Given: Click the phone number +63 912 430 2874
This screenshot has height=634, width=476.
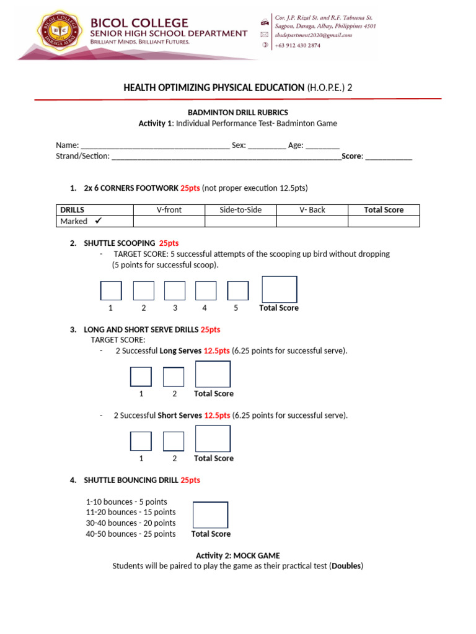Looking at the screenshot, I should (298, 45).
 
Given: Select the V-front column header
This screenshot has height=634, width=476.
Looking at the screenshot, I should (169, 210).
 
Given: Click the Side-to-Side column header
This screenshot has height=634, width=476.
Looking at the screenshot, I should (240, 210).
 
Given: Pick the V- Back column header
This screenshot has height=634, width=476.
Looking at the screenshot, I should (312, 210).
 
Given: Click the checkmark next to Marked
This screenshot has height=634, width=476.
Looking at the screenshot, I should (98, 221).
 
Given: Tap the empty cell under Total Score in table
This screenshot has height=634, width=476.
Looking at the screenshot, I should (383, 221).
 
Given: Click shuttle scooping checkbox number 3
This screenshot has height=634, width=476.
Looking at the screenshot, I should (175, 290).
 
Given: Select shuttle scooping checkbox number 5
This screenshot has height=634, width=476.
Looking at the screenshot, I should (238, 290).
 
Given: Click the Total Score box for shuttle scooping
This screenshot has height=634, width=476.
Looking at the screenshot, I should (279, 289).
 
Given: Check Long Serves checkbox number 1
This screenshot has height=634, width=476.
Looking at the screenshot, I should (141, 376).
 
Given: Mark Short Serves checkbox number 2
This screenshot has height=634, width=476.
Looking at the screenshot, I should (174, 441).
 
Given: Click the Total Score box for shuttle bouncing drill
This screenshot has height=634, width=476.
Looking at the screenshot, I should (210, 515).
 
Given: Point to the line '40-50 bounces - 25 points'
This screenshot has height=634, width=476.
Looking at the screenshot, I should (131, 534).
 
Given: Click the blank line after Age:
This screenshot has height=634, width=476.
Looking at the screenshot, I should (322, 146).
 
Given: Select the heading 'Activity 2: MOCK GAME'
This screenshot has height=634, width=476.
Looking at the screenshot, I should (237, 555).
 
